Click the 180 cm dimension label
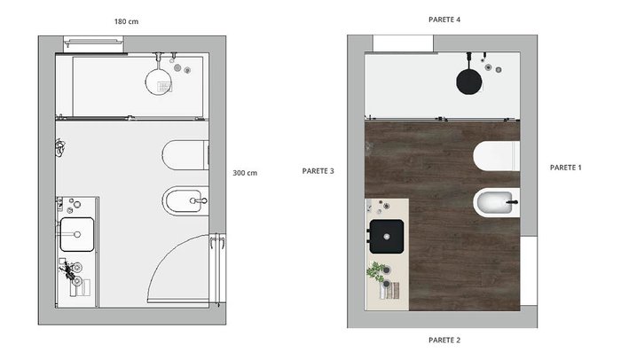[126, 22]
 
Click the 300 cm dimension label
[245, 173]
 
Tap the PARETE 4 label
[444, 20]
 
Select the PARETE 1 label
[566, 168]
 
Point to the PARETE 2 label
[444, 340]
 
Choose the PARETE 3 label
[318, 171]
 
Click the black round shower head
[469, 82]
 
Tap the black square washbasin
[387, 237]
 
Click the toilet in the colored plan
[497, 156]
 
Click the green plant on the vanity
[375, 271]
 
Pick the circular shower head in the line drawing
[159, 82]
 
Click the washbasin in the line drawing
[77, 234]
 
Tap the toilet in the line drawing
[185, 155]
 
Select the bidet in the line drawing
[185, 200]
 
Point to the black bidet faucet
[513, 202]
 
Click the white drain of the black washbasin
[387, 237]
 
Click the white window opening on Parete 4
[403, 43]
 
